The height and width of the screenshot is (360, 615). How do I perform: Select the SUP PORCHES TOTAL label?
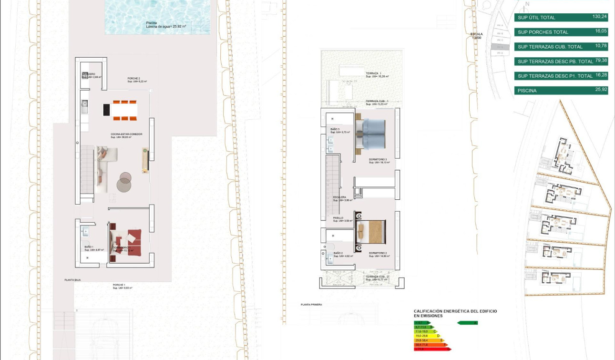[543, 32]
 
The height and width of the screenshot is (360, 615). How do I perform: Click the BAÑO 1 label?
[89, 247]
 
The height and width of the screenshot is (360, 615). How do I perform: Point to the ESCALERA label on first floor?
[339, 197]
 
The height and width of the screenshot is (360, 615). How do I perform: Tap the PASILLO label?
[338, 218]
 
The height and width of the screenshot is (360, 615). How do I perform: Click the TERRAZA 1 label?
[374, 73]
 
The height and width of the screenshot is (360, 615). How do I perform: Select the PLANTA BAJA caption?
[73, 280]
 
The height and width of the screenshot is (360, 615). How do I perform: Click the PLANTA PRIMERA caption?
[311, 304]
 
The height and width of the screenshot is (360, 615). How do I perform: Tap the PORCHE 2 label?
[133, 79]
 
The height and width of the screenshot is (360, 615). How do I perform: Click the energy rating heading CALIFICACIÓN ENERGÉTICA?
[455, 311]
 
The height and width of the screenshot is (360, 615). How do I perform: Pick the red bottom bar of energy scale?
[431, 349]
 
